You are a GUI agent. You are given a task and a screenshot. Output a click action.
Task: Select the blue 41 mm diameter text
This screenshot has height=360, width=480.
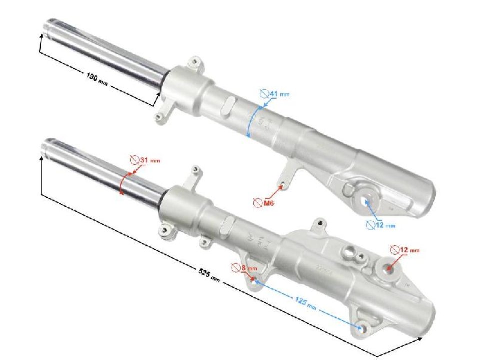click(x=279, y=94)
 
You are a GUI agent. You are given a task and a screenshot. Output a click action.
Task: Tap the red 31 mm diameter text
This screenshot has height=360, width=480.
click(x=150, y=160)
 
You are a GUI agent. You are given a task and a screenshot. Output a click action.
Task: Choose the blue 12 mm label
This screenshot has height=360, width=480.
click(x=385, y=225)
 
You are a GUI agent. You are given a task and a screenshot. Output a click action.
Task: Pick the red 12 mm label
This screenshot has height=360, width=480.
click(x=410, y=249)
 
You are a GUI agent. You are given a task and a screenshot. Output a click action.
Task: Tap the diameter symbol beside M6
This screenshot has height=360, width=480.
click(x=257, y=203)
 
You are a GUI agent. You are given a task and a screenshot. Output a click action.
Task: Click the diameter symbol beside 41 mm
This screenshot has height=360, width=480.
click(x=265, y=93)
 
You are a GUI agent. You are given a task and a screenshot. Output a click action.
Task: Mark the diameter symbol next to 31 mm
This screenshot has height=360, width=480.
click(x=134, y=160)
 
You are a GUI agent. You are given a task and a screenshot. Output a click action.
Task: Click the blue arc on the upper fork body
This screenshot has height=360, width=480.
click(x=253, y=120)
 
